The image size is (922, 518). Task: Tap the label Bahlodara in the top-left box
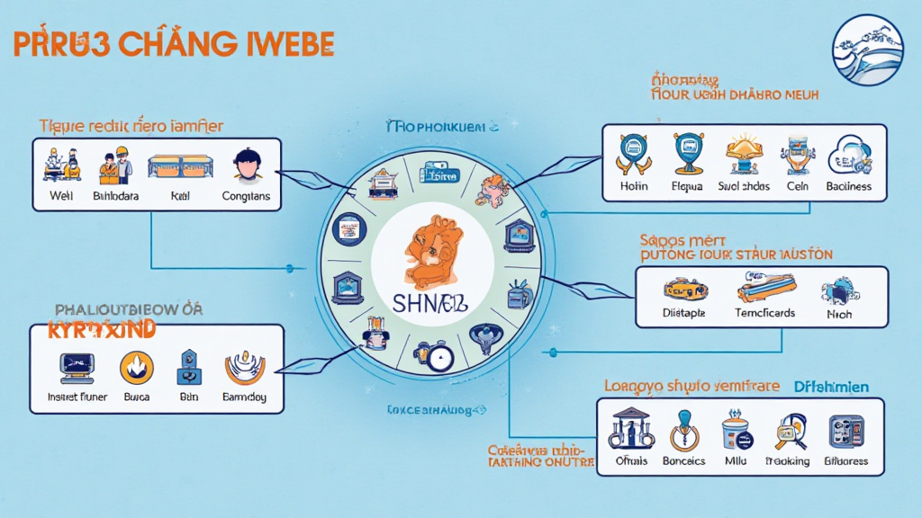[115, 195]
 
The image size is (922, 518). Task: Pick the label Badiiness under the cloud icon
[848, 187]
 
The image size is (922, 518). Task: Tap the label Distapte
[684, 314]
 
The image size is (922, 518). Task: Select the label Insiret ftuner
[77, 397]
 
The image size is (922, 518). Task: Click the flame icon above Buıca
[136, 366]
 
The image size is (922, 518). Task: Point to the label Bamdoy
[243, 397]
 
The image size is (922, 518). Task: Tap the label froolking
[788, 461]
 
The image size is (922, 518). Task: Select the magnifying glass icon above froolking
[789, 430]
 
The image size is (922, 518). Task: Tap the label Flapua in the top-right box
[686, 187]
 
